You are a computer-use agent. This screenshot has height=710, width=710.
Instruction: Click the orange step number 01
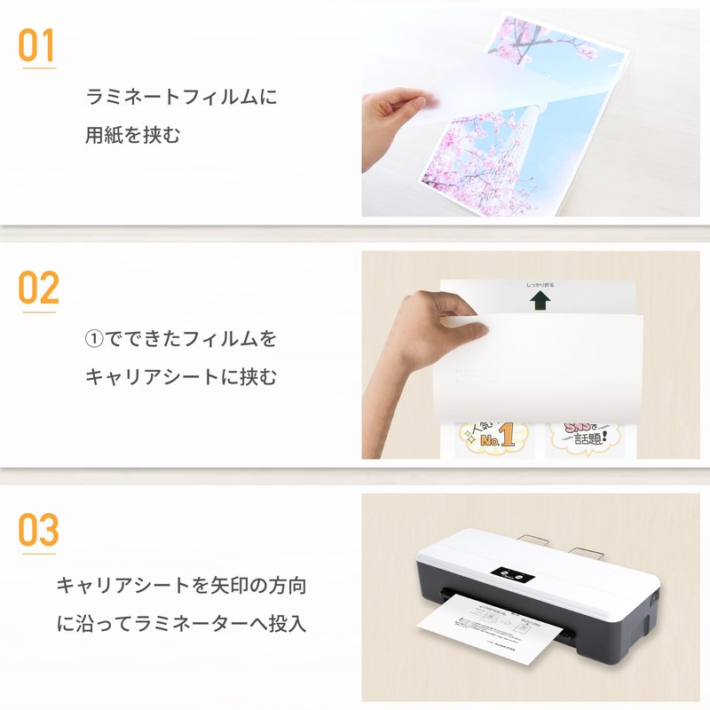[x=36, y=45]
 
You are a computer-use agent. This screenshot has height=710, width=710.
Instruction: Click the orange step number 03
[x=38, y=530]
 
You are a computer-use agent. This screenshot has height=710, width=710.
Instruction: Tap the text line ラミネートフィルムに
[x=181, y=97]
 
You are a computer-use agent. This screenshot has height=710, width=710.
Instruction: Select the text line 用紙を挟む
[x=133, y=136]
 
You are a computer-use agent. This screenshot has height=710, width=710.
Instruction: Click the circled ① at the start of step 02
[x=95, y=339]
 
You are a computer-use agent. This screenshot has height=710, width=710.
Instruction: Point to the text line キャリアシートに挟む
[x=181, y=377]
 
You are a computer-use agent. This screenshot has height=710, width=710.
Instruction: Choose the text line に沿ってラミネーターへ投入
[x=181, y=624]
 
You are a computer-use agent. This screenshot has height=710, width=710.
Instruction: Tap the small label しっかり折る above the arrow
[x=539, y=286]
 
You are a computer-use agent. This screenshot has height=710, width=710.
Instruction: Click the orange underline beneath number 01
[x=37, y=67]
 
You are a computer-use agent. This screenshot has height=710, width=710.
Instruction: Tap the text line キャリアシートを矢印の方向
[x=181, y=586]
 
